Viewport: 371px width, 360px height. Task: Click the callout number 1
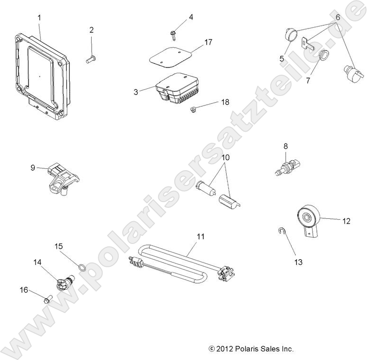(39, 18)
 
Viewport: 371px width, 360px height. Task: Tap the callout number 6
(338, 17)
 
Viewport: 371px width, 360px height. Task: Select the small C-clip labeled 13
(281, 232)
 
